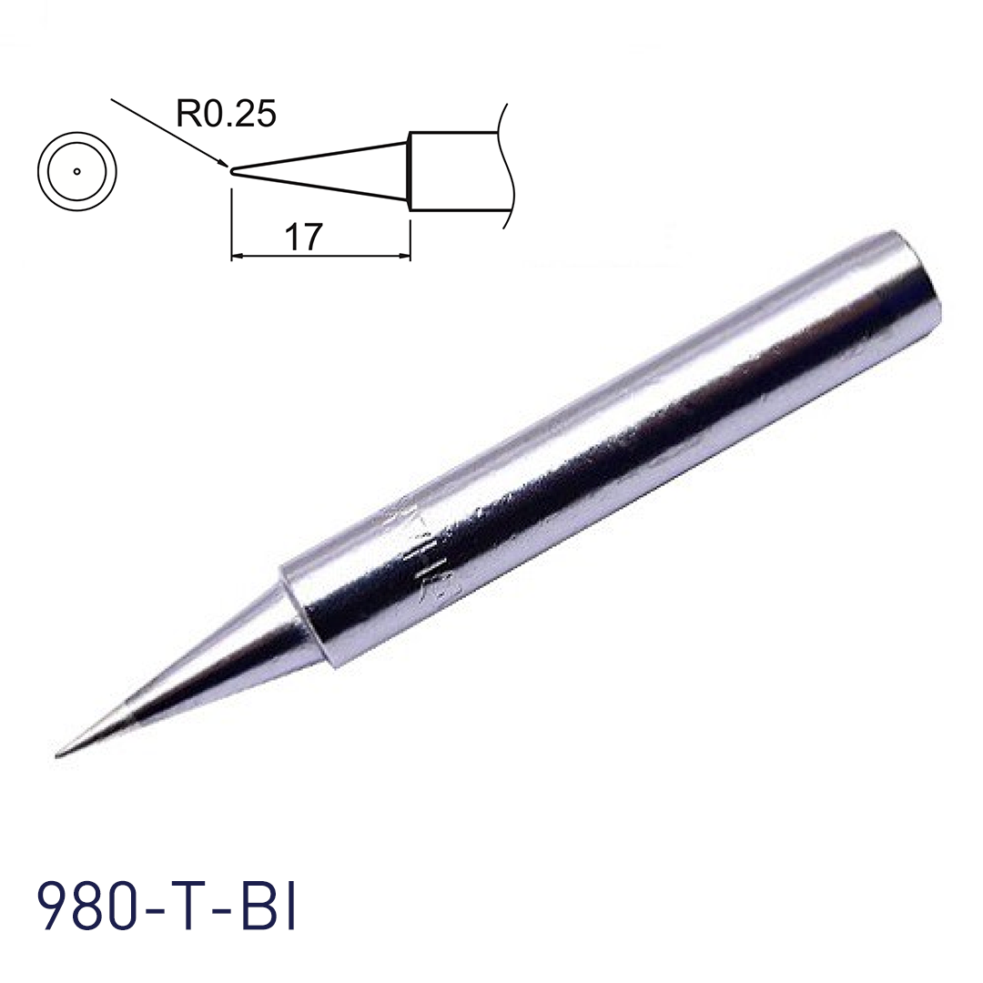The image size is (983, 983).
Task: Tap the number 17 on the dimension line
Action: point(303,237)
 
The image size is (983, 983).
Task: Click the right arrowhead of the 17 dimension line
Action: point(404,257)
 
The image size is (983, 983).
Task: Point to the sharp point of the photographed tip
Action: point(59,753)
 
